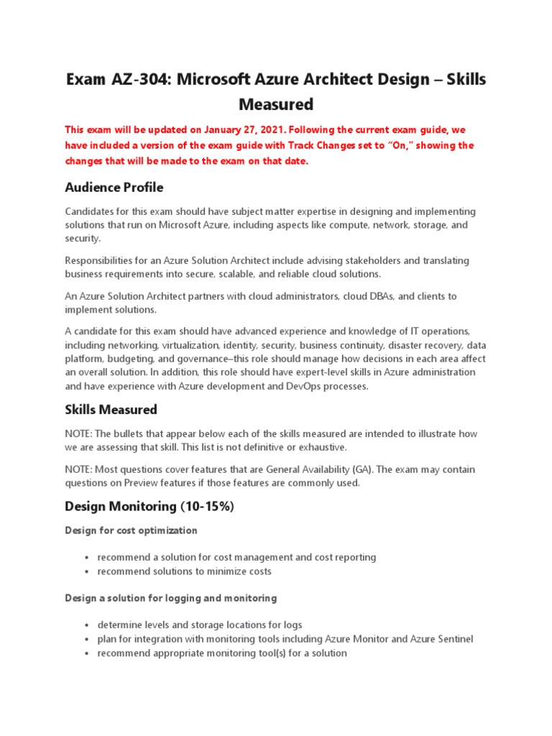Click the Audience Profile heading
114,188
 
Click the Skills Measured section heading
111,410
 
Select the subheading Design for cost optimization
131,530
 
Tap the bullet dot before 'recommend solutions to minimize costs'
86,572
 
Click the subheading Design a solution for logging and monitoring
171,598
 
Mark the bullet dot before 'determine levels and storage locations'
86,625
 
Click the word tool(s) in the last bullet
266,653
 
